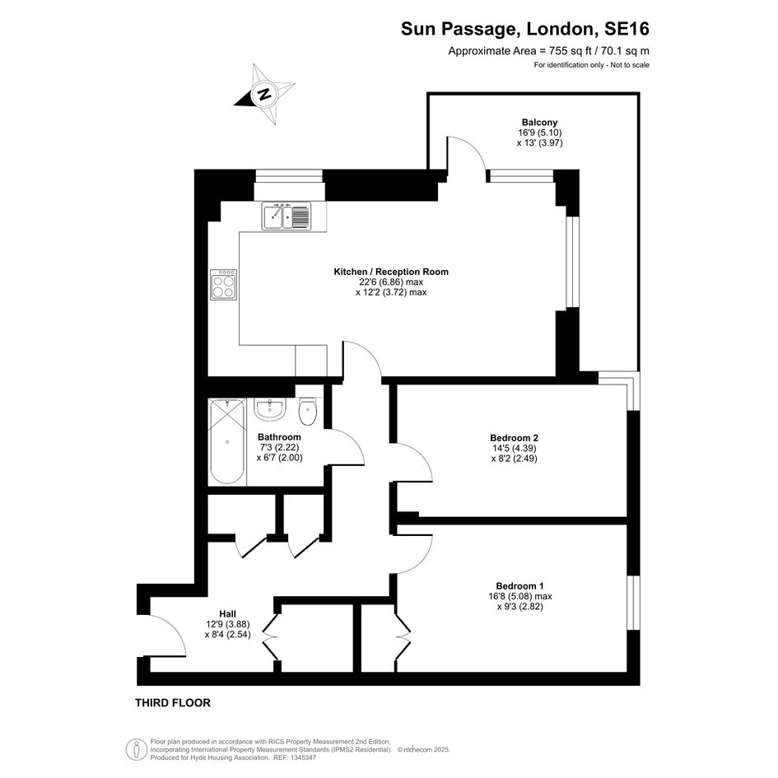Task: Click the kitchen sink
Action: [x=287, y=217]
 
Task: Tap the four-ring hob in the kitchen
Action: [x=223, y=285]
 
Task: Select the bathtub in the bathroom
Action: [x=227, y=441]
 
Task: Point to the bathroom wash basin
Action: [x=270, y=409]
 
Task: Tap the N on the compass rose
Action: [x=264, y=93]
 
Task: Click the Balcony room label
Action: [x=539, y=122]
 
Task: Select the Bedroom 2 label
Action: [x=514, y=438]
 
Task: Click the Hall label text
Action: [x=228, y=614]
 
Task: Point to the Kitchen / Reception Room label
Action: [x=391, y=272]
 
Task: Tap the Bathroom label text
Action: [x=279, y=437]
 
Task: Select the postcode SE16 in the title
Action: [x=627, y=29]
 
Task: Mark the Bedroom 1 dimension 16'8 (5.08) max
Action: [x=520, y=596]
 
